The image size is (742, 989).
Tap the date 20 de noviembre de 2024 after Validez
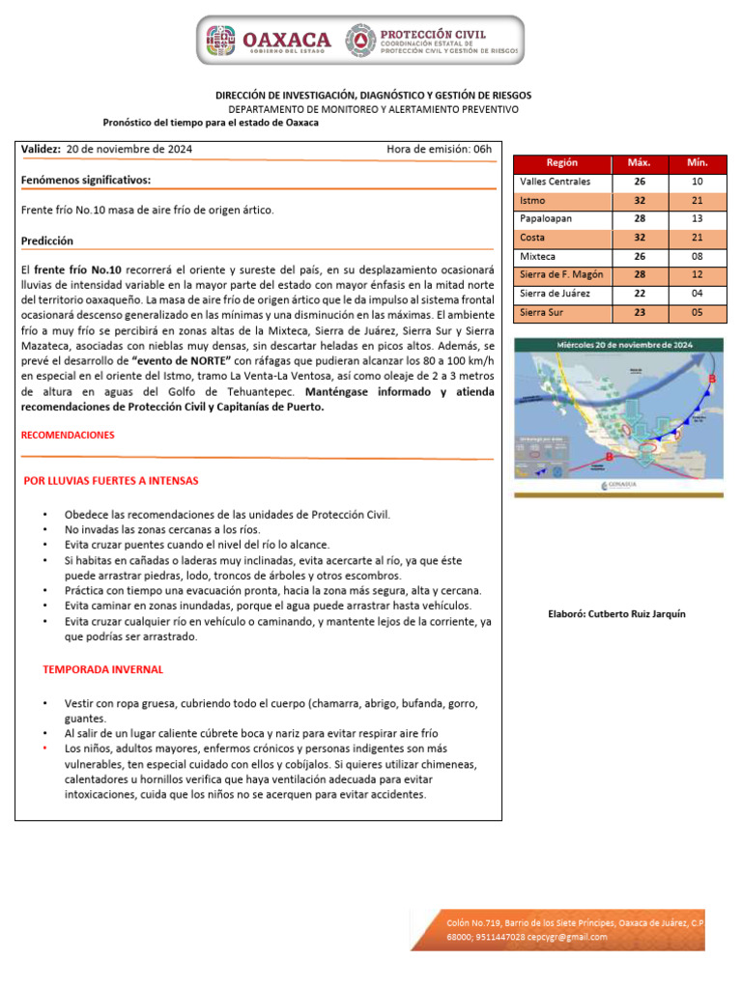pyautogui.click(x=129, y=149)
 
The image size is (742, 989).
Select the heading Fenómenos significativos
pyautogui.click(x=86, y=180)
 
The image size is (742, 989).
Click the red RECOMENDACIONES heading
pyautogui.click(x=68, y=436)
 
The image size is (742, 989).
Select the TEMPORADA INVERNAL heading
pyautogui.click(x=103, y=669)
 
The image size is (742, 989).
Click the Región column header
pyautogui.click(x=562, y=163)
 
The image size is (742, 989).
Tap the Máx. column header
pyautogui.click(x=639, y=163)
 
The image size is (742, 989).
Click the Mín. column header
pyautogui.click(x=697, y=163)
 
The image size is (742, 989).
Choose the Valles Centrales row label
pyautogui.click(x=555, y=182)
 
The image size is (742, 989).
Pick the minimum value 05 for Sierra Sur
pyautogui.click(x=697, y=312)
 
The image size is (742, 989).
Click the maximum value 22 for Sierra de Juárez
pyautogui.click(x=639, y=294)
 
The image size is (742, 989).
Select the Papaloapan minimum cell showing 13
pyautogui.click(x=697, y=219)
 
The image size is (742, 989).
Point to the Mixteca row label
pyautogui.click(x=537, y=257)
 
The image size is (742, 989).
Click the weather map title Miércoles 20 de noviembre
pyautogui.click(x=619, y=345)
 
